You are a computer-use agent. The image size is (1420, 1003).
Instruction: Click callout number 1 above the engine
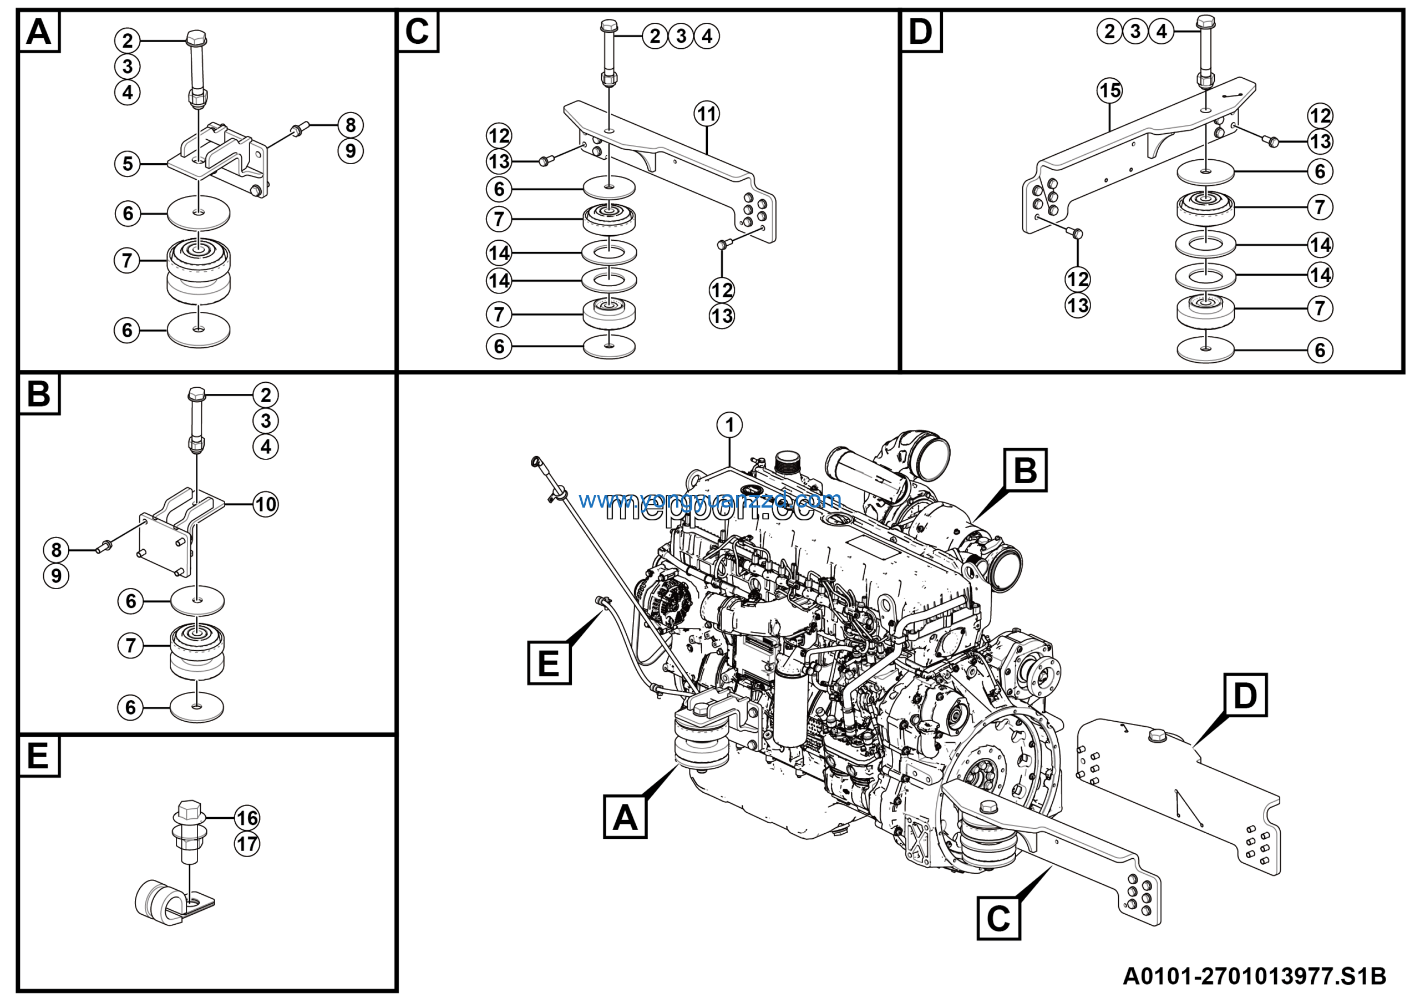(729, 425)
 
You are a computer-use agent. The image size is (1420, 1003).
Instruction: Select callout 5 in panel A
(128, 164)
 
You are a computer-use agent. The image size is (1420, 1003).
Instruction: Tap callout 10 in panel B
(265, 504)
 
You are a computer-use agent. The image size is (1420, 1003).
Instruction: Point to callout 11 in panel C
(706, 114)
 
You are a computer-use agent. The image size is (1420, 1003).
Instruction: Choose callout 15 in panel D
(1109, 91)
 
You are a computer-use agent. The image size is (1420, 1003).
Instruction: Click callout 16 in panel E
(247, 818)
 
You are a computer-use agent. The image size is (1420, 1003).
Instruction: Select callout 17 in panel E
(247, 844)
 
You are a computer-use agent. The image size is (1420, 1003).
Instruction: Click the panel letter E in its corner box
(38, 756)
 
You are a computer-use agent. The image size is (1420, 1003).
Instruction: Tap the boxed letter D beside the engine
(1245, 696)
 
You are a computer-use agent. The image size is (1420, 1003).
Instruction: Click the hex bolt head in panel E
(189, 810)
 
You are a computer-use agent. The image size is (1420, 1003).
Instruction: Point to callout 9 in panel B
(55, 576)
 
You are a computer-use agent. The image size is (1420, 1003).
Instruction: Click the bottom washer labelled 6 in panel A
(199, 330)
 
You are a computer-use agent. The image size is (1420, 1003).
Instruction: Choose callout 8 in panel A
(350, 125)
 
